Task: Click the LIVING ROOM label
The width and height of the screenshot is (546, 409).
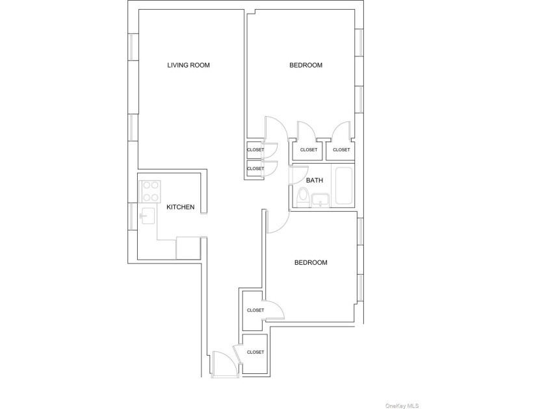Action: click(188, 65)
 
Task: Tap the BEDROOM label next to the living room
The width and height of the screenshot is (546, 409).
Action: click(305, 65)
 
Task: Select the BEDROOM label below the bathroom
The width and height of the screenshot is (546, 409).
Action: click(311, 262)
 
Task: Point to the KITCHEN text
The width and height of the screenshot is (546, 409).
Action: click(180, 207)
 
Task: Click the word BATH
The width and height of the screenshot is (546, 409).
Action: click(315, 180)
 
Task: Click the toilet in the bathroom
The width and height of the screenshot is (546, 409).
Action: click(302, 197)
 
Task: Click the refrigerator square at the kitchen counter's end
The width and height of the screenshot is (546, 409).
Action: click(188, 248)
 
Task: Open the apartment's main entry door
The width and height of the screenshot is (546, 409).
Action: click(222, 364)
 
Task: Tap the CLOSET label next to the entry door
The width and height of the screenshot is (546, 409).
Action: click(255, 352)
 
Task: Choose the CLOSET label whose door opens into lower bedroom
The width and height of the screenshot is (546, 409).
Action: click(255, 310)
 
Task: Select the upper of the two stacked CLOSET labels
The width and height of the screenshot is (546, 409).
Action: click(255, 150)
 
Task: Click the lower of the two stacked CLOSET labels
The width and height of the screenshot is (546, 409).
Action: click(255, 168)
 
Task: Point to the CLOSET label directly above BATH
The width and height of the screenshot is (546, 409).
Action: click(309, 150)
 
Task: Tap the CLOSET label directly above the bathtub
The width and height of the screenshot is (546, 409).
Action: click(341, 150)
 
